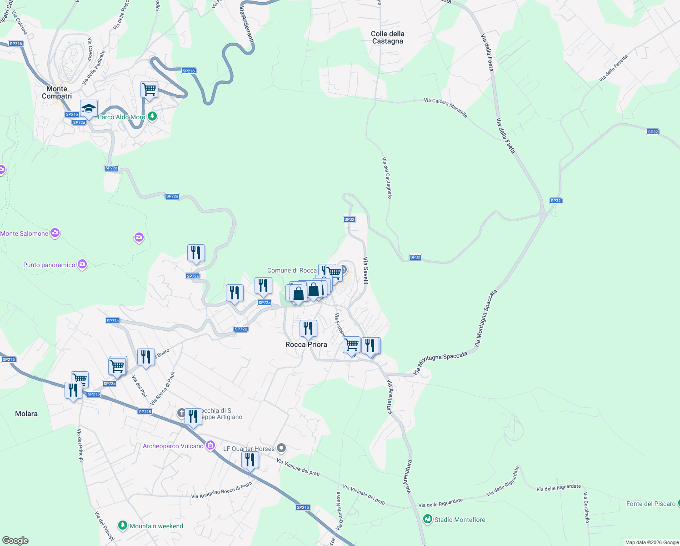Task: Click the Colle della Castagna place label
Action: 387,37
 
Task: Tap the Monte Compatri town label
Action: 57,92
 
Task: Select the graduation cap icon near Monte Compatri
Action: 89,109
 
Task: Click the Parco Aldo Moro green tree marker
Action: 152,117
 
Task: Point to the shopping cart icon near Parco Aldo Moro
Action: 149,89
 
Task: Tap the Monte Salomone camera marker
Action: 55,233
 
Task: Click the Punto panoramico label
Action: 49,265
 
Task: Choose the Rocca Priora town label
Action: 306,344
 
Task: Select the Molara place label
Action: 26,414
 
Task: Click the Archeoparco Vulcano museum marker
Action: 210,445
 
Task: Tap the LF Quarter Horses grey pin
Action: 281,449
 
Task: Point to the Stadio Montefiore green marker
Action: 427,519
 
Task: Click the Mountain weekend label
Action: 156,526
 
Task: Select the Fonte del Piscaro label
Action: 651,504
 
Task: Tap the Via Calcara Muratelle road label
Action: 445,107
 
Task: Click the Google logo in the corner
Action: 15,541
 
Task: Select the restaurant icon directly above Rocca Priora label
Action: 308,328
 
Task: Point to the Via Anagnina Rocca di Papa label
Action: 221,491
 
